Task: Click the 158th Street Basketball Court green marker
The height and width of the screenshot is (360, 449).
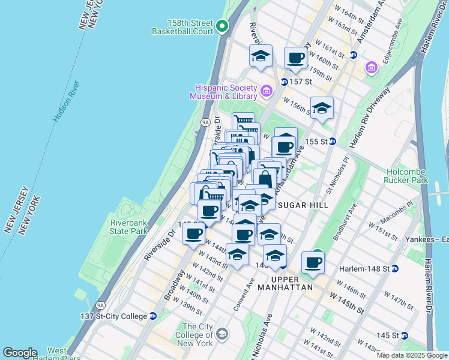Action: pos(222,26)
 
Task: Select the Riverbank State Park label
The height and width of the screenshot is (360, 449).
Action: pos(128,227)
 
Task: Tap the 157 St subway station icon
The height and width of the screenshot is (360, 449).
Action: pos(283,82)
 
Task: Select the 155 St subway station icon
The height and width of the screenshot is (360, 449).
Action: pos(332,142)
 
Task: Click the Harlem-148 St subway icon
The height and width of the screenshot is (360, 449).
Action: pos(394,268)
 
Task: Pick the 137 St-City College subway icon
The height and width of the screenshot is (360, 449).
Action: pos(152,316)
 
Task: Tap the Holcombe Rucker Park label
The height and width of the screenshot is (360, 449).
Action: pos(415,175)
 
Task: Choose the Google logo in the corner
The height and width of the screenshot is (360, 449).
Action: pos(19,353)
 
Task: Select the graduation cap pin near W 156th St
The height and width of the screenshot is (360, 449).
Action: pos(322,108)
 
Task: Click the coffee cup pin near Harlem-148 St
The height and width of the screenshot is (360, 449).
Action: pos(313,262)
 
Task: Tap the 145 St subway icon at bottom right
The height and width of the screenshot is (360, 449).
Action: pos(405,335)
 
